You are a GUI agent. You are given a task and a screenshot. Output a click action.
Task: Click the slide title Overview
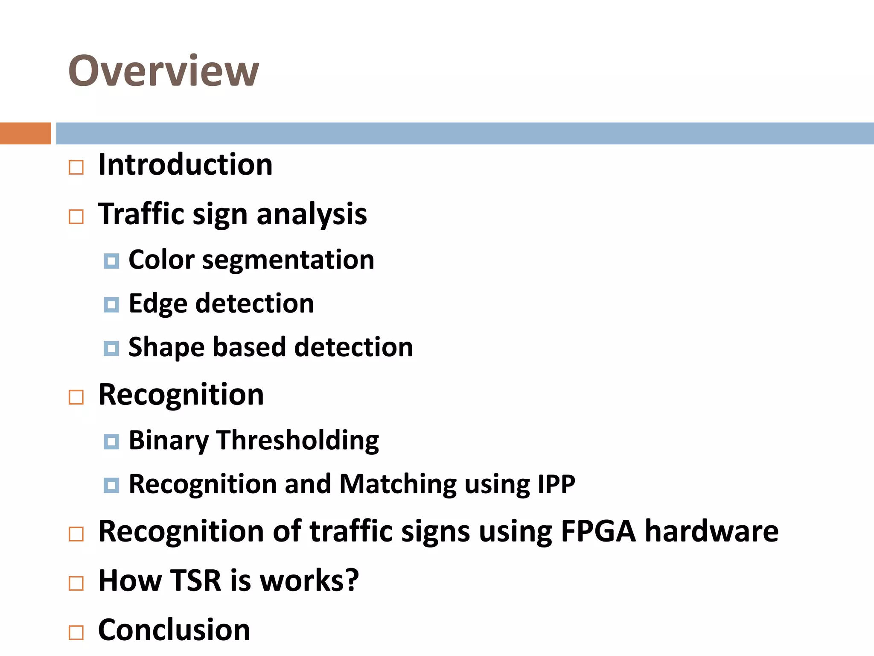point(163,71)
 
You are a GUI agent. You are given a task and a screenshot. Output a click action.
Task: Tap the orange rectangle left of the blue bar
point(25,133)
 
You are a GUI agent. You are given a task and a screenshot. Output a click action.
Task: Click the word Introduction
point(185,165)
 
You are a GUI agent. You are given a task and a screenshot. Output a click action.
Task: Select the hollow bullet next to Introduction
point(76,167)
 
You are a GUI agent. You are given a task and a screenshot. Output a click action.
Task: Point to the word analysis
point(312,214)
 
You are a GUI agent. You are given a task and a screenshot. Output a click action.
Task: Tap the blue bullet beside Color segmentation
point(111,261)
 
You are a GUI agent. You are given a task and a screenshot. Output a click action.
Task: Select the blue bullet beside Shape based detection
point(111,348)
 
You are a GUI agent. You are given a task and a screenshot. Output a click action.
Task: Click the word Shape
point(166,348)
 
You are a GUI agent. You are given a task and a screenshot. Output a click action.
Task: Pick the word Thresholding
point(297,440)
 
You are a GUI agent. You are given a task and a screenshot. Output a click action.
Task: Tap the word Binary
point(169,441)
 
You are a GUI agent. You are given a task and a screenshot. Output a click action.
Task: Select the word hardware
point(711,532)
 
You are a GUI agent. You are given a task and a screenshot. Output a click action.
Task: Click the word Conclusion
point(174,630)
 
